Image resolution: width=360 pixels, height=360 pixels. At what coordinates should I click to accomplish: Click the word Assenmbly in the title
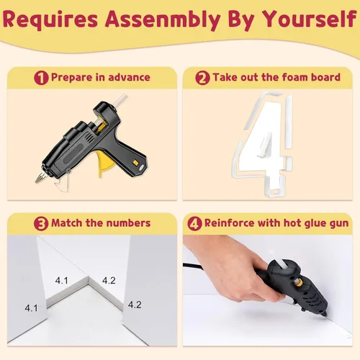tap(163, 19)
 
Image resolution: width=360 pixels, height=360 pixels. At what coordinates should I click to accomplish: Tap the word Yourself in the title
tap(310, 19)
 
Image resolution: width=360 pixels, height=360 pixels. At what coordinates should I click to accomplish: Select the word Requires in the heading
tap(50, 19)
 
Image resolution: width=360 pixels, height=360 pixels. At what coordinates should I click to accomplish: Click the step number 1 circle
tap(41, 78)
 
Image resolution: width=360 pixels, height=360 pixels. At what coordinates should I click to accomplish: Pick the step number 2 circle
tap(202, 78)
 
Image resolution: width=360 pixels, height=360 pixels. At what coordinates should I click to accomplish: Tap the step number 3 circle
tap(41, 224)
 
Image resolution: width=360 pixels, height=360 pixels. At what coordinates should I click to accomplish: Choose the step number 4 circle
tap(194, 224)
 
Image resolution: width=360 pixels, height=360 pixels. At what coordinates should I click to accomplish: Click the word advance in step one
tap(130, 77)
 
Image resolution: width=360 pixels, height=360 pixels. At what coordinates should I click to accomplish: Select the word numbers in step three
tap(128, 223)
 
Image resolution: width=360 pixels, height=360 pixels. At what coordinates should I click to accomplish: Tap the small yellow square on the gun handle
tap(135, 163)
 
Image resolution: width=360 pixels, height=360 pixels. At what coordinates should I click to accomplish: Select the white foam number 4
tap(263, 144)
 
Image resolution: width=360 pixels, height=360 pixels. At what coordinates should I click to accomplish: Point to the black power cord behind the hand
tap(192, 266)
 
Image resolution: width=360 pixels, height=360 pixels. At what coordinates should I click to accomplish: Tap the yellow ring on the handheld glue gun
tap(299, 282)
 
